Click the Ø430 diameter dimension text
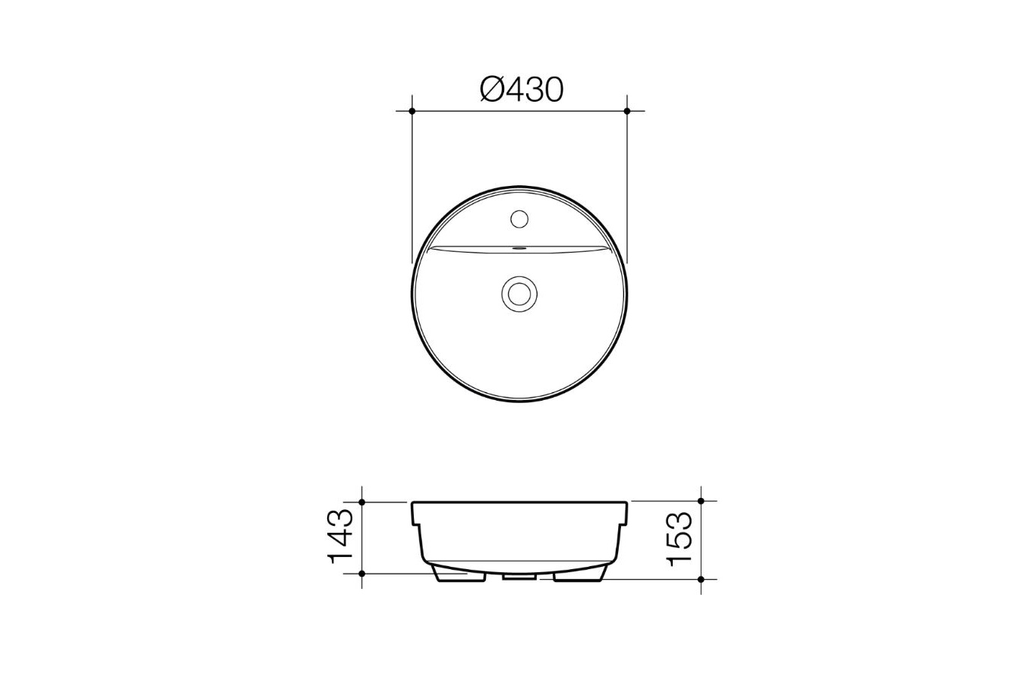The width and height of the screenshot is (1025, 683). tap(522, 90)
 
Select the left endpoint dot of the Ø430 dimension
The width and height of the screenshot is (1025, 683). tap(412, 111)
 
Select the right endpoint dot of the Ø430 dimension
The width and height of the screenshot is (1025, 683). tap(627, 111)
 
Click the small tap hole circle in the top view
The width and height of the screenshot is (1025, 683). tap(520, 219)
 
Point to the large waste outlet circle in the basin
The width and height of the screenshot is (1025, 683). tap(520, 292)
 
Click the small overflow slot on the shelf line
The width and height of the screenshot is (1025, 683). tap(520, 247)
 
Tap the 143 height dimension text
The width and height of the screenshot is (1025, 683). tap(340, 537)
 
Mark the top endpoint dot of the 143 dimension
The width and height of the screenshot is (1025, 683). tap(362, 502)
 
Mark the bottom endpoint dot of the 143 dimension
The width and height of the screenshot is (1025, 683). tap(362, 573)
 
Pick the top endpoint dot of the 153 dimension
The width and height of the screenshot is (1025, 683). tap(701, 502)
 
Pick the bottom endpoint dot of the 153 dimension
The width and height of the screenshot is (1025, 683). tap(701, 579)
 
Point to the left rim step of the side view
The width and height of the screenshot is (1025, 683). tap(415, 523)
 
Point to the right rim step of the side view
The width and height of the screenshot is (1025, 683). tap(625, 523)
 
